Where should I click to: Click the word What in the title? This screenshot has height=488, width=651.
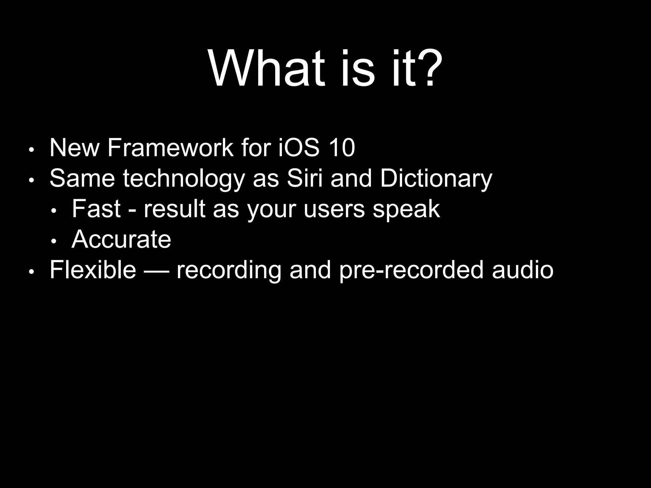coord(267,68)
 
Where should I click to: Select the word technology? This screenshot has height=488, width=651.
coord(184,179)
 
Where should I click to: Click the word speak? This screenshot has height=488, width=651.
coord(406,209)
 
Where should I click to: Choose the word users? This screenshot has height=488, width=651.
coord(334,209)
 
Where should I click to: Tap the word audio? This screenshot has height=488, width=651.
coord(523,269)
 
